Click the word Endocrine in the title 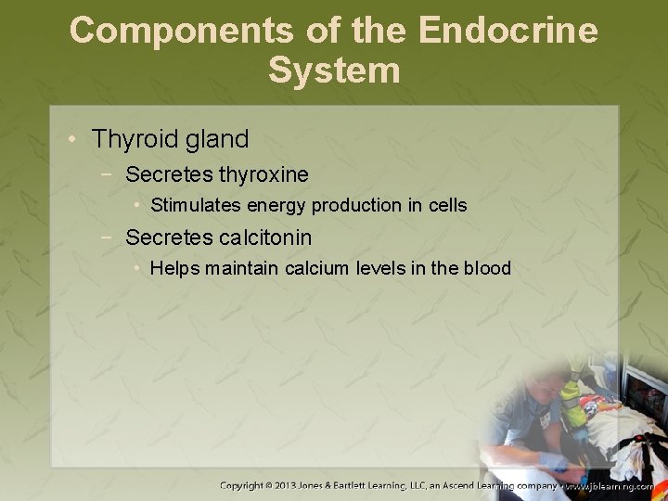pos(507,30)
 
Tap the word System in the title pos(334,71)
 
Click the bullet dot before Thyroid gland pos(73,140)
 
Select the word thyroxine pos(263,174)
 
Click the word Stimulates pos(195,205)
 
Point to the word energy pos(276,205)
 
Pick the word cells pos(445,205)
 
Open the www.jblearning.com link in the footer pos(608,485)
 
